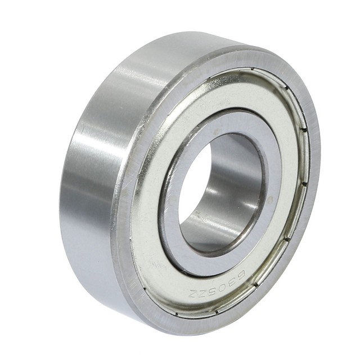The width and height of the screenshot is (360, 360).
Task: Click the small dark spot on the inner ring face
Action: [269, 197]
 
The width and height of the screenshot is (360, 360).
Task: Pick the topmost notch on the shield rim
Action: [253, 70]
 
